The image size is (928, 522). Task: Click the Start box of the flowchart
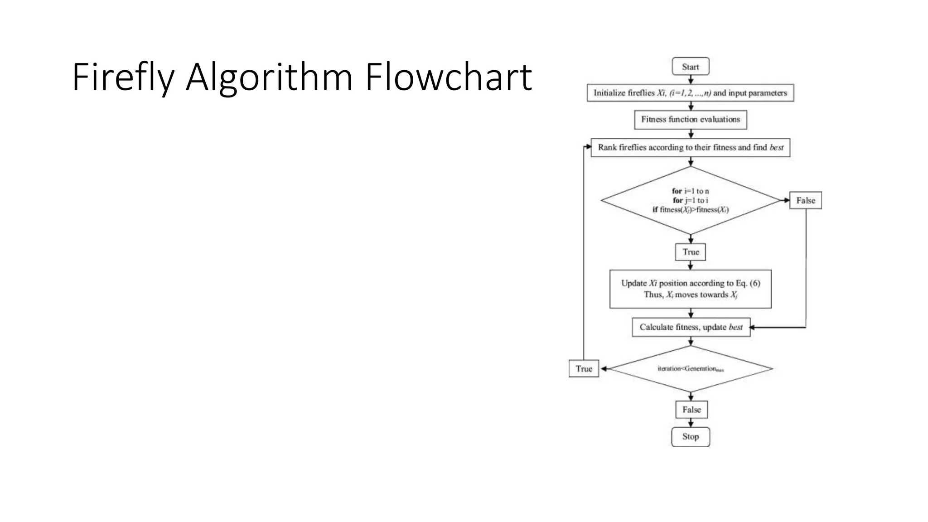[x=690, y=67]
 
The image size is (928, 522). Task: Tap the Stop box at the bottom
[x=690, y=437]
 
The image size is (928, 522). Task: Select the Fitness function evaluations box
[x=690, y=120]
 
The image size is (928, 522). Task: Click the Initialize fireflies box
[x=690, y=93]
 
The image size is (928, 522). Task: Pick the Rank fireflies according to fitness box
[x=690, y=148]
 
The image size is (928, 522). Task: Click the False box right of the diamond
[x=805, y=200]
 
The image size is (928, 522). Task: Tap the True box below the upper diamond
[x=690, y=252]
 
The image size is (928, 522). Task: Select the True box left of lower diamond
[x=584, y=369]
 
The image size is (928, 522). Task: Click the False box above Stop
[x=691, y=410]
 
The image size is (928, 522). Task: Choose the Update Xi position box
[x=690, y=289]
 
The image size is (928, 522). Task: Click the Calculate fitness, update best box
[x=691, y=327]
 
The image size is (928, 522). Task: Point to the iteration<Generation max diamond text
[x=690, y=369]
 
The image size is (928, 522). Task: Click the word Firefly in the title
[x=123, y=78]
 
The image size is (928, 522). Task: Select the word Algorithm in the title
[x=269, y=78]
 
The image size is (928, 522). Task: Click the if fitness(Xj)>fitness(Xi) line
[x=690, y=210]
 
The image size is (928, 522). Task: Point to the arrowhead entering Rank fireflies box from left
[x=589, y=147]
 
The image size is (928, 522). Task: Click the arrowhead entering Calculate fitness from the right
[x=753, y=327]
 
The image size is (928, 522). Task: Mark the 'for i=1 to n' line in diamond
[x=690, y=191]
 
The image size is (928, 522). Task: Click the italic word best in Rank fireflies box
[x=776, y=148]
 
